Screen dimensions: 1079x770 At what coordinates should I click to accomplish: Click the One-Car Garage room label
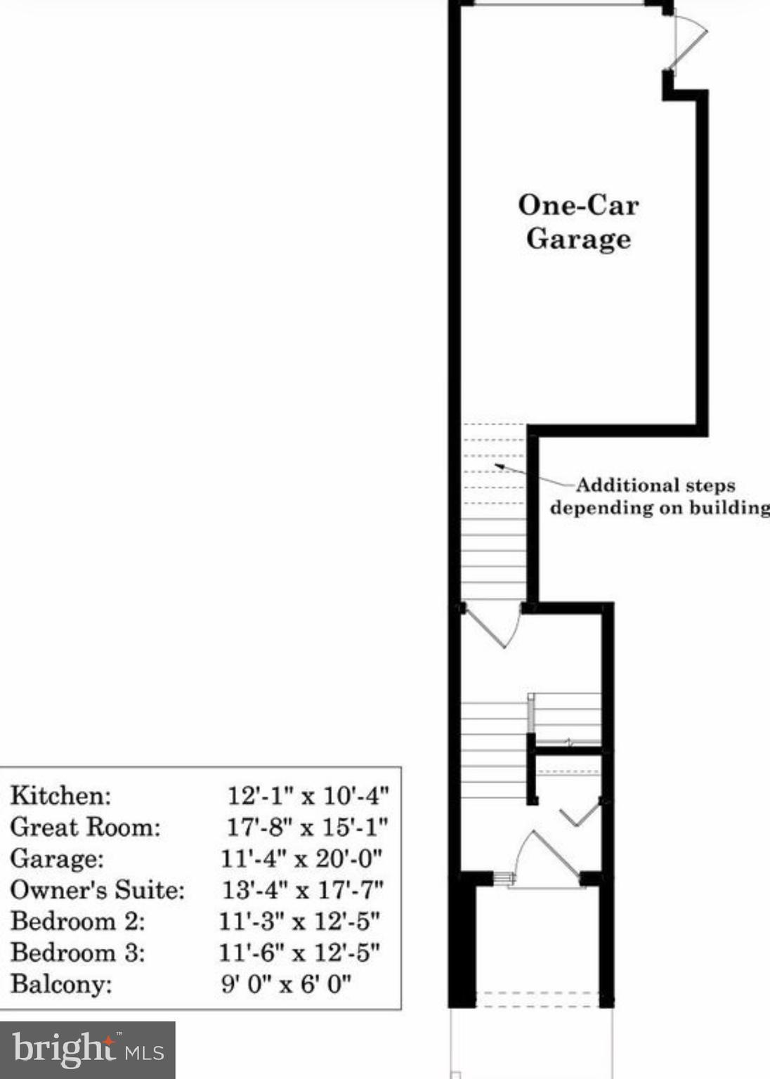pos(578,222)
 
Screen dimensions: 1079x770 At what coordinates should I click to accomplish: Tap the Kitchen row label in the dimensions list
pos(61,796)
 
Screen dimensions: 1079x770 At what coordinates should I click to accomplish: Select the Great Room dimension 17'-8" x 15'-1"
pos(307,827)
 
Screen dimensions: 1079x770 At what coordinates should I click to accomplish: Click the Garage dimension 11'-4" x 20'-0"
pos(301,858)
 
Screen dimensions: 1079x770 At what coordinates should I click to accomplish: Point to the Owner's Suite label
pos(98,890)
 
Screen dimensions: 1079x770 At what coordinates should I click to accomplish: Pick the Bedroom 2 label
pos(78,921)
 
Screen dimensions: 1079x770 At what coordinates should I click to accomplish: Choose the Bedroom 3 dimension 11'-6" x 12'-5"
pos(299,953)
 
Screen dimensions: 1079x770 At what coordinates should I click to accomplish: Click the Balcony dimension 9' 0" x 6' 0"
pos(286,983)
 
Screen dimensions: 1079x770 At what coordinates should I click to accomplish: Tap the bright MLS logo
pos(88,1049)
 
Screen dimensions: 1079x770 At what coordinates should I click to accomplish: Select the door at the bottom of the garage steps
pos(493,624)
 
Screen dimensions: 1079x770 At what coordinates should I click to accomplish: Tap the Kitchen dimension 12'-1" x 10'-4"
pos(308,796)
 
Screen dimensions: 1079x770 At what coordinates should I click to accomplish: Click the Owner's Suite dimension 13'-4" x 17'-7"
pos(303,890)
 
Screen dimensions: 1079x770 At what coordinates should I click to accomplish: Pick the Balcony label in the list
pos(61,983)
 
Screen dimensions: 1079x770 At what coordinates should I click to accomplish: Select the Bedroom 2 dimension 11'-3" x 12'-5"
pos(299,921)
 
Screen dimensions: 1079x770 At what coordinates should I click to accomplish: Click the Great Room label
pos(86,827)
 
